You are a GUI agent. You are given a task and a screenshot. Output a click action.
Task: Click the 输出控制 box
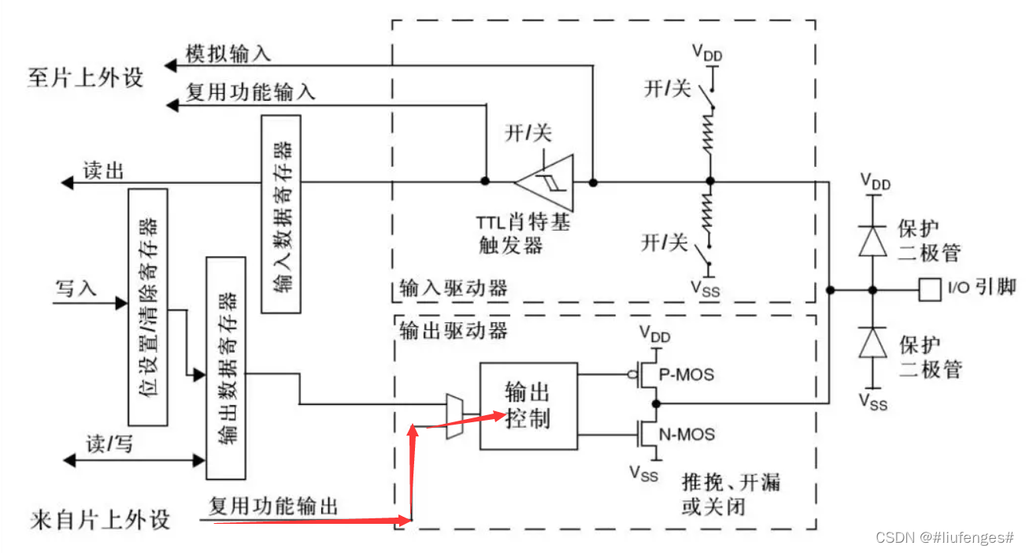pos(528,405)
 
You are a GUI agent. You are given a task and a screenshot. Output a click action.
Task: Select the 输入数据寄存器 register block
pos(281,213)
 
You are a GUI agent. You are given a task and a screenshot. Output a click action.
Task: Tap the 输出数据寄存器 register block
pos(225,367)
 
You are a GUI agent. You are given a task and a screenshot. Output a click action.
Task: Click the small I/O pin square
pos(930,290)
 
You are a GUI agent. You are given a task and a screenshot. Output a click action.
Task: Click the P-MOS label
pos(686,374)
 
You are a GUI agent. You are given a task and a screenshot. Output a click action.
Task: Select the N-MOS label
pos(687,433)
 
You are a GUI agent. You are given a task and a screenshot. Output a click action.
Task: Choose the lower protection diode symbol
pos(872,343)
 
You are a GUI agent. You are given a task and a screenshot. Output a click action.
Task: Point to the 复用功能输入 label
pos(250,92)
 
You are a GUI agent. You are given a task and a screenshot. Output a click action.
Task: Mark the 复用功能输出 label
pos(273,505)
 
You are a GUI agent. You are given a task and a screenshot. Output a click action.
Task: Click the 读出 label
pos(103,171)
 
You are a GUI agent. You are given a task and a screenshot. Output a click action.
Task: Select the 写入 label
pos(76,288)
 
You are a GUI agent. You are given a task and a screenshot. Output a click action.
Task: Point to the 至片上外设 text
pos(86,78)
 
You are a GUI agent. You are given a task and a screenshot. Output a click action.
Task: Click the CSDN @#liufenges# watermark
pos(944,537)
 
